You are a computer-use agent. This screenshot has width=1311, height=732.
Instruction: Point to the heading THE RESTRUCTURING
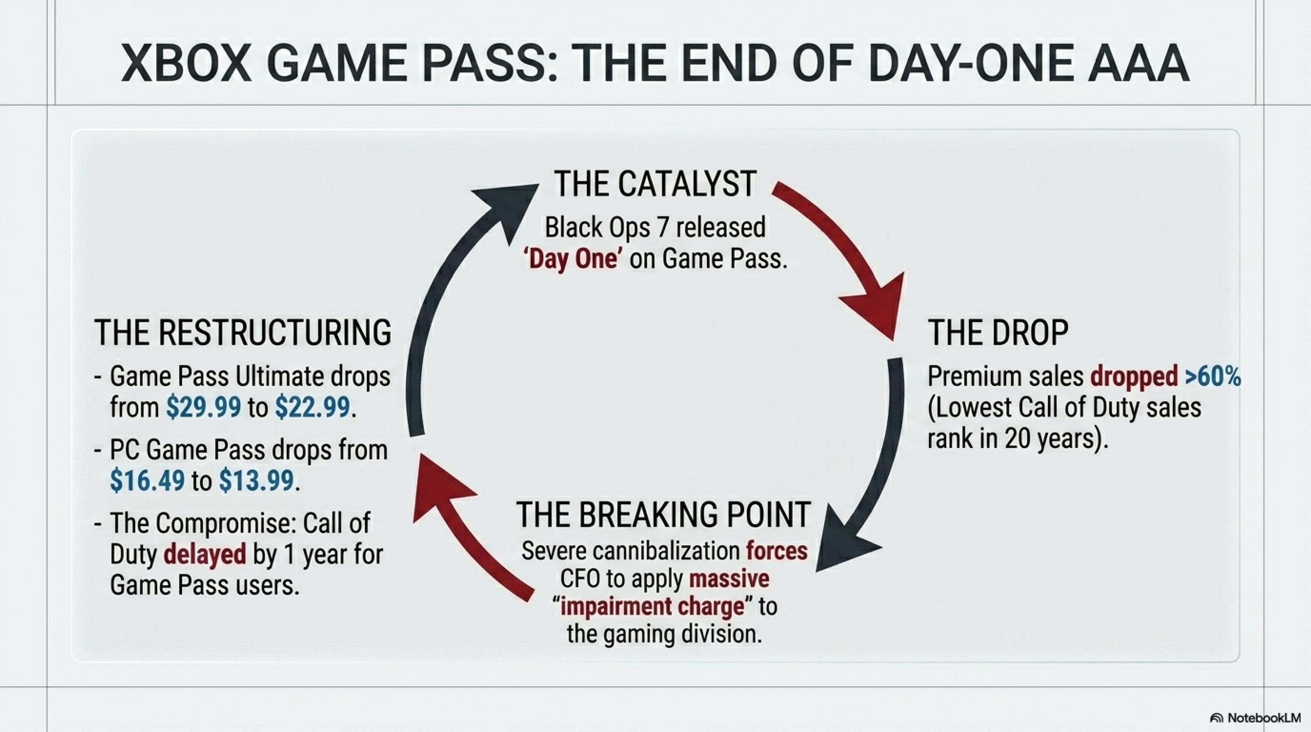243,333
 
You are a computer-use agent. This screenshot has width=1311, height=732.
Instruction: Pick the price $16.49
147,480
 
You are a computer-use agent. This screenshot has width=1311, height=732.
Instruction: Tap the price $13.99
256,480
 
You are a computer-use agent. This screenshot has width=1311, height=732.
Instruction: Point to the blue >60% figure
1213,376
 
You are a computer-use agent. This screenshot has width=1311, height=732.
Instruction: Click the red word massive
729,579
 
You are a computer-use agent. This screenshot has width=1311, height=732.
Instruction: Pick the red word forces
777,551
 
